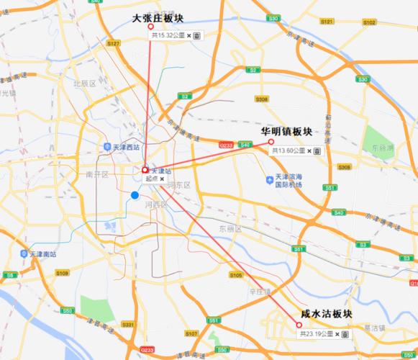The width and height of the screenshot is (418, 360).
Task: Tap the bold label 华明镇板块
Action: pyautogui.click(x=287, y=132)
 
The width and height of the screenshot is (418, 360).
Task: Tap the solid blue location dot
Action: pyautogui.click(x=135, y=195)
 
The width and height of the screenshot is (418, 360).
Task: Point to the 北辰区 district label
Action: pyautogui.click(x=84, y=84)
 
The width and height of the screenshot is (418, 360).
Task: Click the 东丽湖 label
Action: pyautogui.click(x=382, y=148)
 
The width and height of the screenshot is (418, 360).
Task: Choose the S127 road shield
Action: pyautogui.click(x=113, y=44)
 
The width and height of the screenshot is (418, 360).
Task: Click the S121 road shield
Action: pyautogui.click(x=326, y=22)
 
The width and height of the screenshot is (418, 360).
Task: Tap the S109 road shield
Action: pyautogui.click(x=63, y=273)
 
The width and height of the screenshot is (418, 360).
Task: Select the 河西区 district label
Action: pyautogui.click(x=155, y=204)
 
